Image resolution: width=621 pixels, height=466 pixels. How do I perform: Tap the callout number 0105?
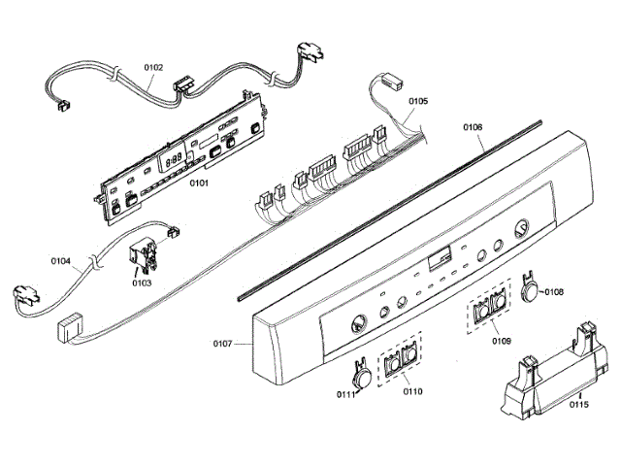(418, 101)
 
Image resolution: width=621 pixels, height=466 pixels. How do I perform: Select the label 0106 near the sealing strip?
(473, 126)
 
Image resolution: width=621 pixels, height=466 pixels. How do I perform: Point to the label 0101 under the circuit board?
(200, 182)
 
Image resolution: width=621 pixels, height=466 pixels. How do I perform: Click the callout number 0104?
(60, 260)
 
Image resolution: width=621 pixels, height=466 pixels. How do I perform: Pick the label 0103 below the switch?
(142, 283)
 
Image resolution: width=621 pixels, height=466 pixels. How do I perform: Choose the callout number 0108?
(554, 290)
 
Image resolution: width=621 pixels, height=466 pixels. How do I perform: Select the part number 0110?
(412, 391)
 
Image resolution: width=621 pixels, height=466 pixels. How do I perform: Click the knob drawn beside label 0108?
(530, 289)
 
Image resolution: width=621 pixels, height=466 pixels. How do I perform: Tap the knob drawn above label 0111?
(361, 373)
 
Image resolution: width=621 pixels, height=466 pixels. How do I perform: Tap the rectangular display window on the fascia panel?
(439, 258)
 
